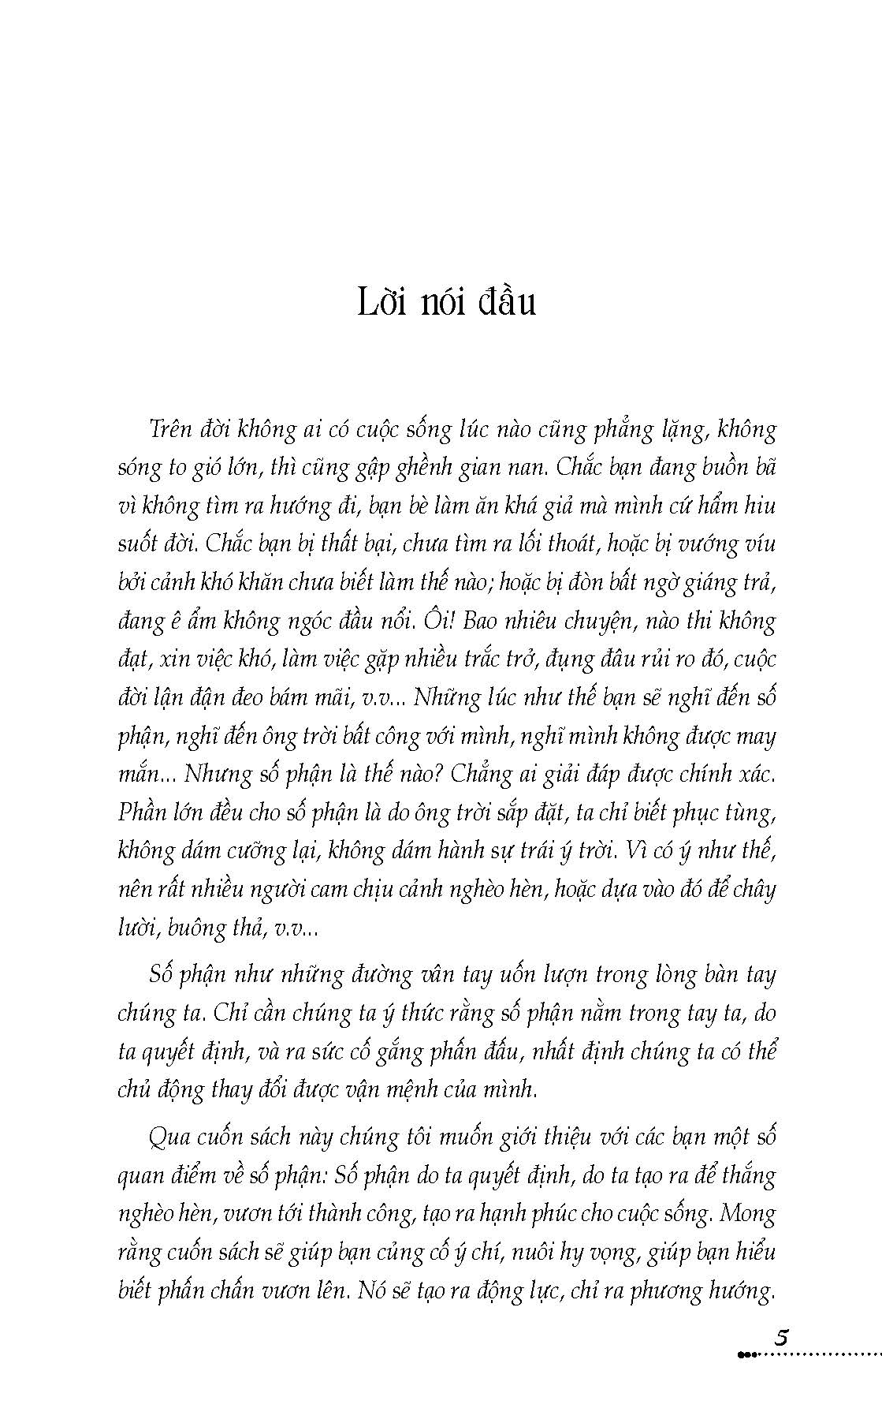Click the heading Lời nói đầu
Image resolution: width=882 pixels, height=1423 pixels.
click(x=446, y=303)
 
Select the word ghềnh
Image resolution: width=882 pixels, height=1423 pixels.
click(x=398, y=469)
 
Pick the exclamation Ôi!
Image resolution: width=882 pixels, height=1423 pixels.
click(x=442, y=620)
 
